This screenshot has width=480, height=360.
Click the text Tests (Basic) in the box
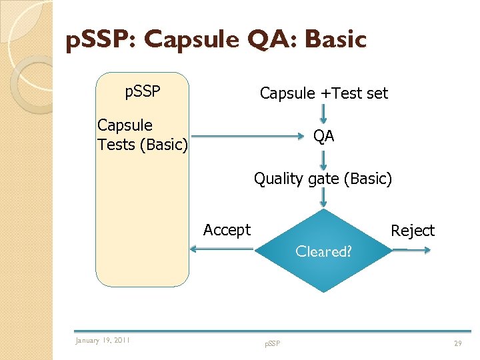pyautogui.click(x=143, y=144)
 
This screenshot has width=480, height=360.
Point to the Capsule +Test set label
pyautogui.click(x=323, y=93)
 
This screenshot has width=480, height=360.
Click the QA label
pyautogui.click(x=324, y=136)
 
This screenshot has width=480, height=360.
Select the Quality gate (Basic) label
pyautogui.click(x=323, y=179)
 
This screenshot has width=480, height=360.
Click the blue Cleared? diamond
pyautogui.click(x=323, y=251)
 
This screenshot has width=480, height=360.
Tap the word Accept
pyautogui.click(x=227, y=230)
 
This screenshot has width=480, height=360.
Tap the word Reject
pyautogui.click(x=412, y=231)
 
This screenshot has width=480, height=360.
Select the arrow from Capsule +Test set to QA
pyautogui.click(x=323, y=115)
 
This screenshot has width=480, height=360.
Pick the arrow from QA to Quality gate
pyautogui.click(x=323, y=159)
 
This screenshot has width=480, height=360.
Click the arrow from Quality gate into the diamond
pyautogui.click(x=323, y=197)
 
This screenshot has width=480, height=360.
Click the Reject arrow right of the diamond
pyautogui.click(x=411, y=250)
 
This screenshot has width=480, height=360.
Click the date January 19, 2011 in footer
pyautogui.click(x=103, y=341)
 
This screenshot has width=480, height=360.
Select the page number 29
pyautogui.click(x=457, y=343)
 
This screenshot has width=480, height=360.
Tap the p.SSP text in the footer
pyautogui.click(x=272, y=343)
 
